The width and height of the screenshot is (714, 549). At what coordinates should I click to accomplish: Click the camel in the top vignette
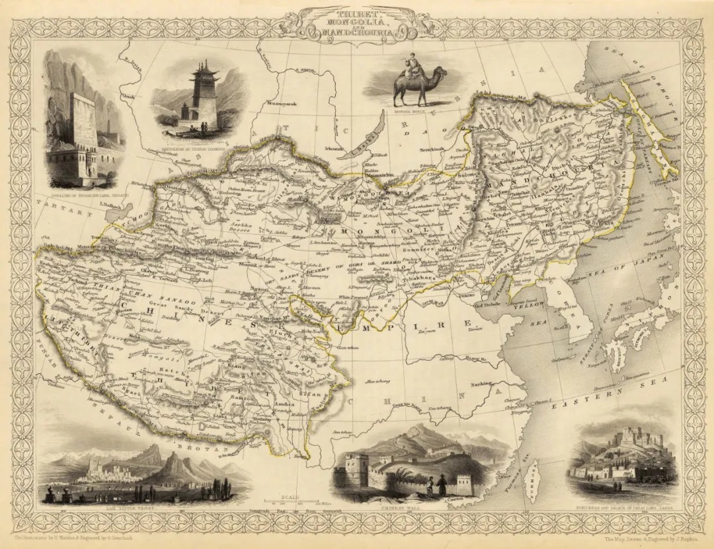(x=419, y=86)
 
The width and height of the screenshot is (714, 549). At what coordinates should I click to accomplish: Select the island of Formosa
(x=537, y=477)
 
